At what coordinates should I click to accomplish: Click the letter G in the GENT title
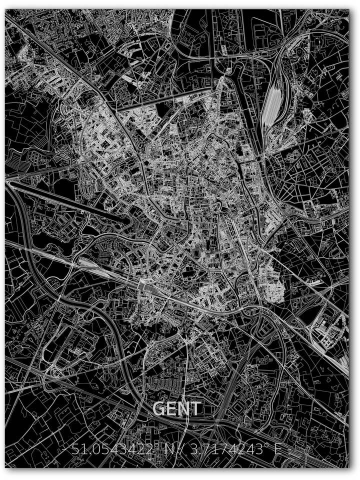159,409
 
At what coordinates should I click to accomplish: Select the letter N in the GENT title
185,409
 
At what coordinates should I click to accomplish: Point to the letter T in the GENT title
196,409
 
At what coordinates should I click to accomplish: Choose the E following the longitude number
278,449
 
